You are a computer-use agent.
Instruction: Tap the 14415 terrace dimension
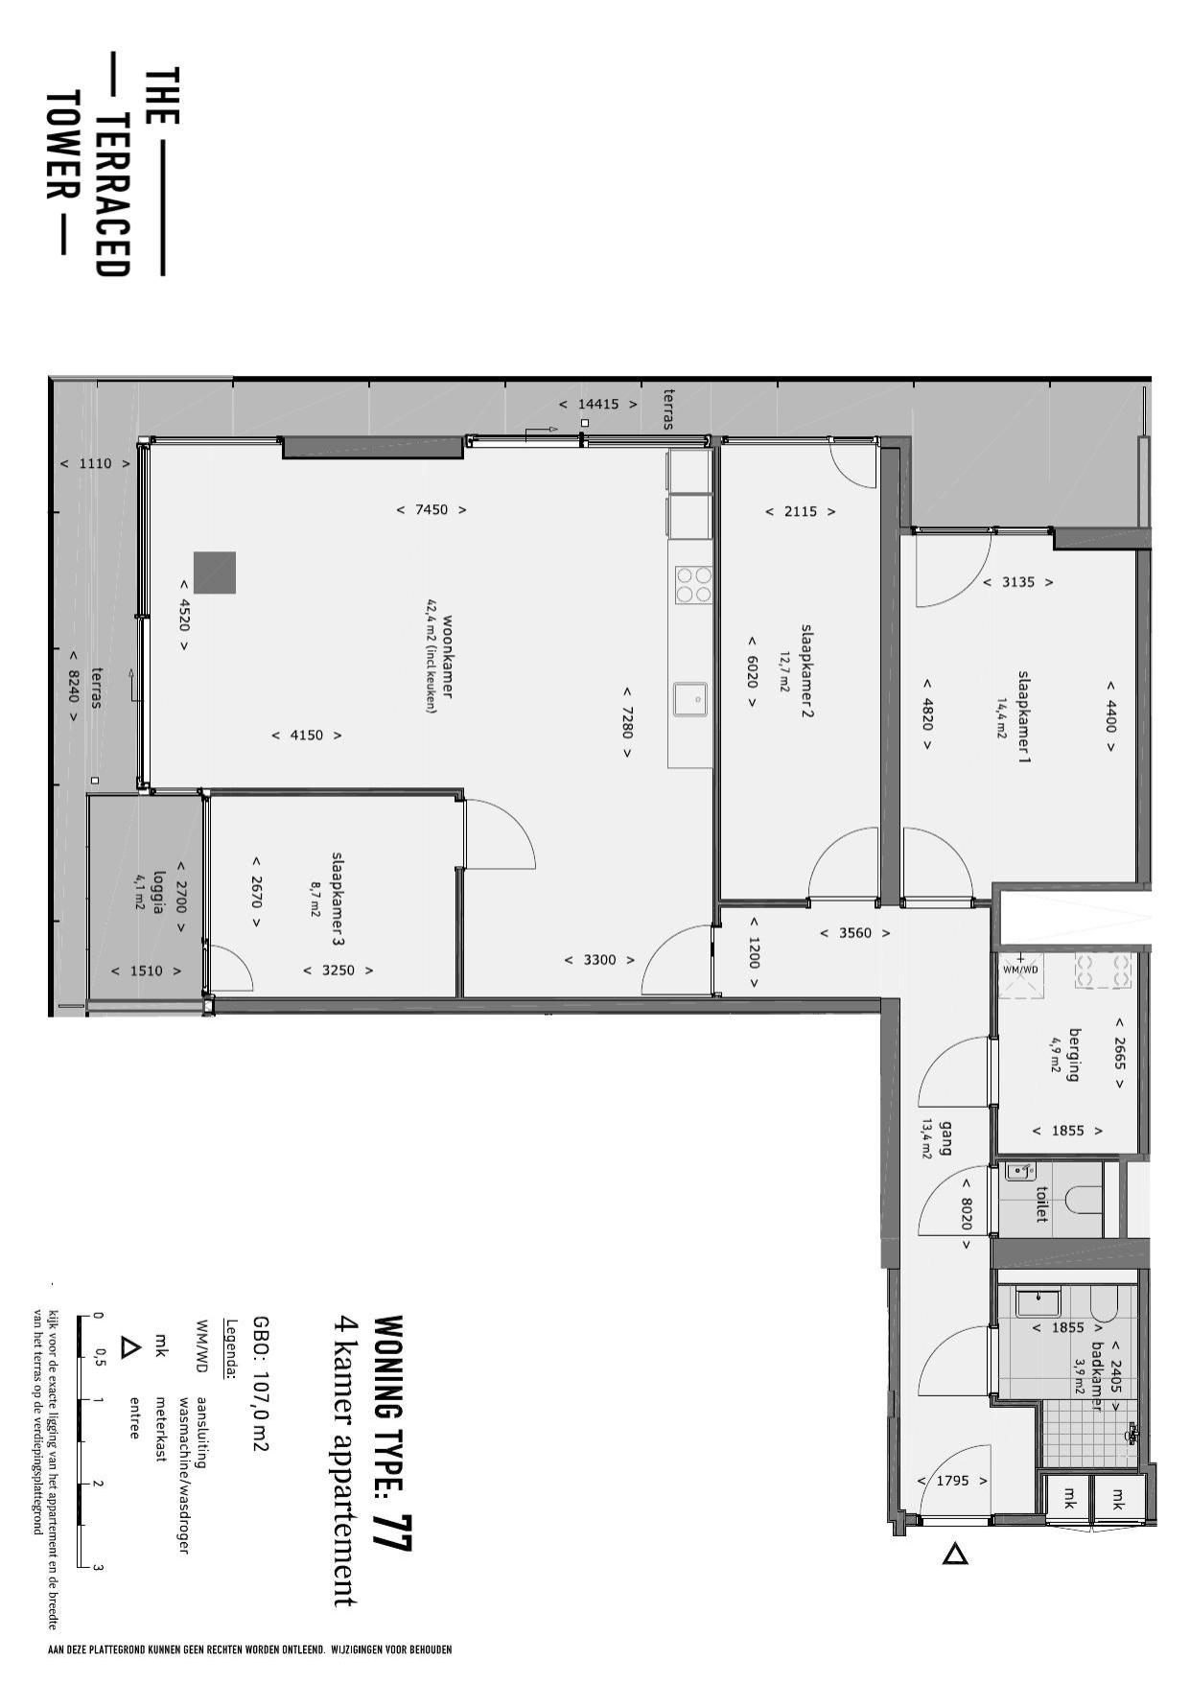tap(598, 404)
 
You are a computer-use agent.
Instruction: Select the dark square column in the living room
tap(215, 573)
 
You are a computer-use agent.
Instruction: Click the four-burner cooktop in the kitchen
tap(694, 584)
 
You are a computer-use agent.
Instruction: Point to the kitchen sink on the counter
tap(690, 699)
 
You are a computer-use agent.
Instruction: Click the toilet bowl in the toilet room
tap(1087, 1203)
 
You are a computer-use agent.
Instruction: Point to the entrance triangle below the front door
tap(954, 1554)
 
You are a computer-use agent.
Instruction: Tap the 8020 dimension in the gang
tap(967, 1214)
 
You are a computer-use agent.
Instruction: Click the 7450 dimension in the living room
tap(432, 509)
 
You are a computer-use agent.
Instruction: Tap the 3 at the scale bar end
tap(98, 1568)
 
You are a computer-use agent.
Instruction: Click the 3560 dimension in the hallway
tap(855, 932)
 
